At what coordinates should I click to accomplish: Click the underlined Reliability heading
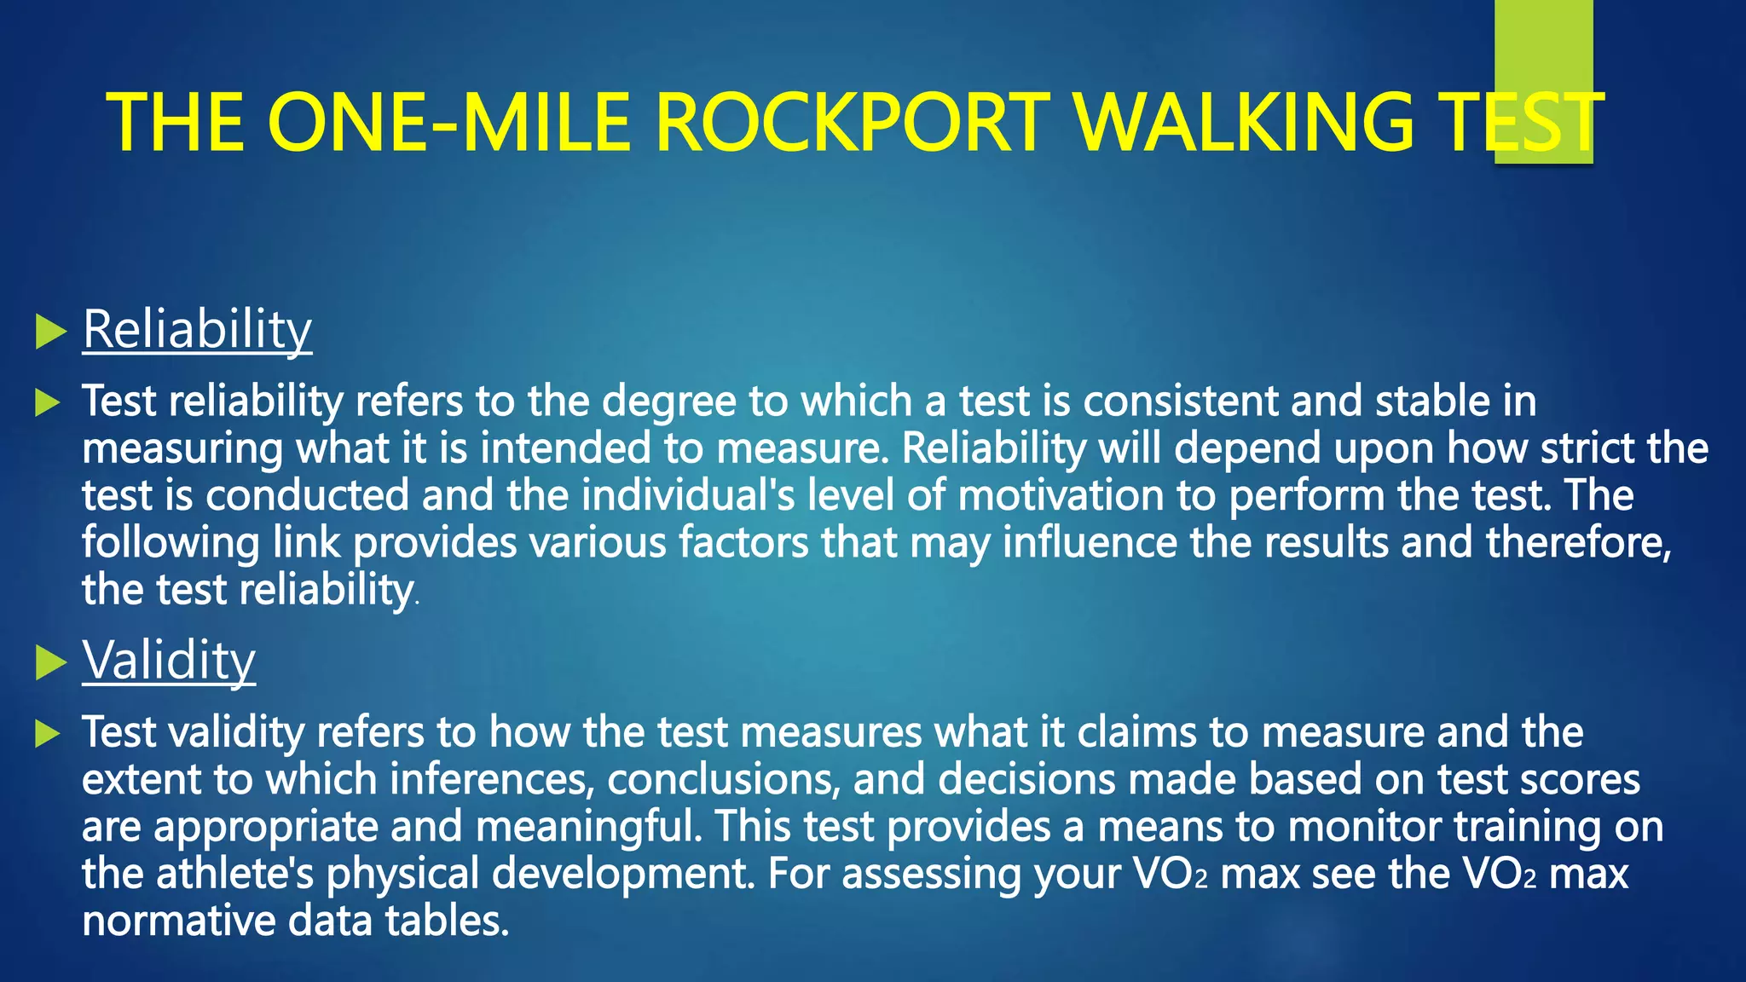[197, 329]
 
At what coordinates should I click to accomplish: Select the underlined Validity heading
[169, 660]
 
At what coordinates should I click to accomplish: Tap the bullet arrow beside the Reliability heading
[51, 332]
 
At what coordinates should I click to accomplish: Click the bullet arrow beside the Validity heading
[51, 662]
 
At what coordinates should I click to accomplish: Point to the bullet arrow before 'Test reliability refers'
[49, 402]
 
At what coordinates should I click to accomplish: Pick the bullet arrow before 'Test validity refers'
[49, 733]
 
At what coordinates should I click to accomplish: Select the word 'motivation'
[1061, 495]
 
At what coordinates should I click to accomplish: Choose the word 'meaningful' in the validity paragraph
[588, 827]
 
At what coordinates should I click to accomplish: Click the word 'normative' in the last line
[178, 921]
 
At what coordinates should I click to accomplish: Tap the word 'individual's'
[688, 495]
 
